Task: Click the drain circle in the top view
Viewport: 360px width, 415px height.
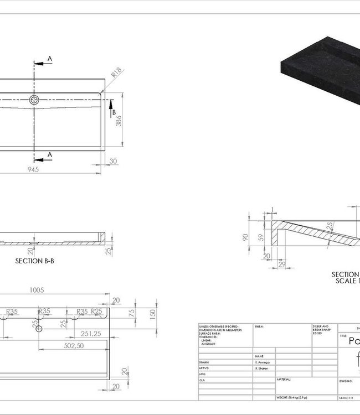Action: pos(34,100)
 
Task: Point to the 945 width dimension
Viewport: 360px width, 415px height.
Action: pos(33,170)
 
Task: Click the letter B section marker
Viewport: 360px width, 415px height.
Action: pos(114,113)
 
